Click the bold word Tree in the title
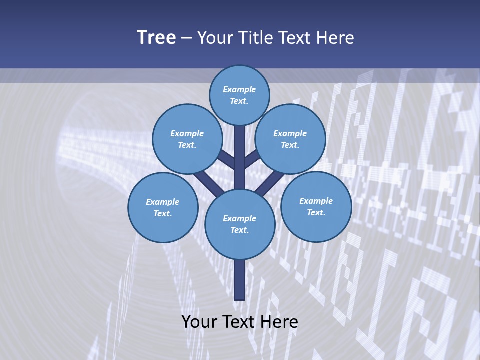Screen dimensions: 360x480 click(x=156, y=37)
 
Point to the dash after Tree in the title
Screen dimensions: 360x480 click(x=186, y=38)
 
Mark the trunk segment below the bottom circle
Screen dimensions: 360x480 click(x=240, y=280)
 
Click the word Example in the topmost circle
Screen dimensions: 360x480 click(x=239, y=89)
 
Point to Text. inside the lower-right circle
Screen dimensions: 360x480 click(x=316, y=212)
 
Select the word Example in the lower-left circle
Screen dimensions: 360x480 click(x=162, y=202)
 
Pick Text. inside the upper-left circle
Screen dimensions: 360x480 click(x=187, y=145)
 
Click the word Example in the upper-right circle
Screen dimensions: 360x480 click(x=290, y=133)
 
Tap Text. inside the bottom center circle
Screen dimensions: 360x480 click(x=239, y=230)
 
